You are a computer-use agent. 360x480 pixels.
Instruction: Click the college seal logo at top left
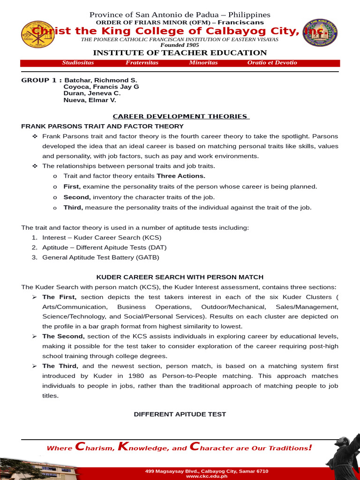[x=38, y=34]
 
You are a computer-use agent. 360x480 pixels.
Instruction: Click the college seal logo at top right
[x=321, y=33]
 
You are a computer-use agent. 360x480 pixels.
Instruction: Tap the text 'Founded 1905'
[x=180, y=45]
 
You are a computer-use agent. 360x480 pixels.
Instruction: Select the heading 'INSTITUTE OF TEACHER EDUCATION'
[x=180, y=53]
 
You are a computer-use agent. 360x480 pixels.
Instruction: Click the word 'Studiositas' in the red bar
[x=78, y=63]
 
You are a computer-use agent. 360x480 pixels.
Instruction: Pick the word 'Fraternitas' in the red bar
[x=142, y=63]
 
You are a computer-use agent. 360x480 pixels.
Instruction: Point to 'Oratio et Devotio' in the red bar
[x=272, y=63]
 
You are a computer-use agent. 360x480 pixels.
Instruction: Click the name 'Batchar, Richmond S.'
[x=101, y=80]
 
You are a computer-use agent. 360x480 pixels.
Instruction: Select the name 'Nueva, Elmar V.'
[x=90, y=100]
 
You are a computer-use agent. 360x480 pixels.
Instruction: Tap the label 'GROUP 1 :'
[x=41, y=80]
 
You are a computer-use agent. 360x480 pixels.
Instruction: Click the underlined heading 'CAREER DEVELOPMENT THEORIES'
[x=180, y=116]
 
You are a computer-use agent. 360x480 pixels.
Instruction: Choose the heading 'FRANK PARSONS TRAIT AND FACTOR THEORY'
[x=102, y=127]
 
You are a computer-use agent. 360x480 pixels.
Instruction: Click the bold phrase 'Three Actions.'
[x=181, y=176]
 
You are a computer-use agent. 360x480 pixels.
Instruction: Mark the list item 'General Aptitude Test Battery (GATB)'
[x=101, y=257]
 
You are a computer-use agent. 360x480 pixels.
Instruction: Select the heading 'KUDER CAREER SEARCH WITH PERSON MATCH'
[x=180, y=277]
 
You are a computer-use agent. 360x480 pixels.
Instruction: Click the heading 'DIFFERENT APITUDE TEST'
[x=180, y=414]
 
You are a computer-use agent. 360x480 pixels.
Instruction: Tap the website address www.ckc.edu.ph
[x=207, y=476]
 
